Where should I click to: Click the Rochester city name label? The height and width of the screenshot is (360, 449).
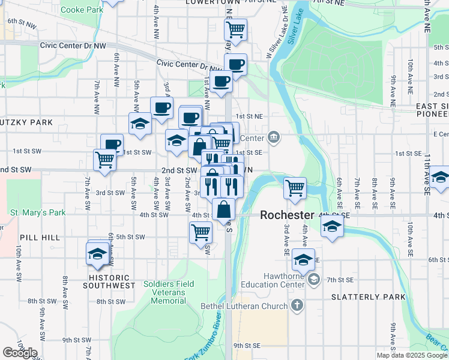click(x=287, y=215)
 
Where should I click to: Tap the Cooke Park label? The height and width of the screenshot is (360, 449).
click(x=82, y=10)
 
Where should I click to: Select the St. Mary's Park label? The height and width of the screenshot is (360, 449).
click(x=37, y=212)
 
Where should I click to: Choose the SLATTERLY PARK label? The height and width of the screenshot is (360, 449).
click(x=360, y=297)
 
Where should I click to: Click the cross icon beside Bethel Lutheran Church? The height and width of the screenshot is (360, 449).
click(x=296, y=306)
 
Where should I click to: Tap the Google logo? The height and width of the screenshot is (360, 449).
click(x=20, y=352)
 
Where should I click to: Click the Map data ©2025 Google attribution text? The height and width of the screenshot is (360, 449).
click(x=412, y=355)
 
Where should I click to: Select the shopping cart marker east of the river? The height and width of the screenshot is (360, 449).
click(x=295, y=187)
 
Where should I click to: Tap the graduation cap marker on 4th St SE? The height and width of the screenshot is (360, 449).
click(x=331, y=227)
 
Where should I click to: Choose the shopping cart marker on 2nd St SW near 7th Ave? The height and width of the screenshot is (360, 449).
click(x=104, y=160)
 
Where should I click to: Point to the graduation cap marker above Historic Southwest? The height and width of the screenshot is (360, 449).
click(x=97, y=253)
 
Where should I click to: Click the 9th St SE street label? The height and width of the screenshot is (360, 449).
click(x=247, y=346)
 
